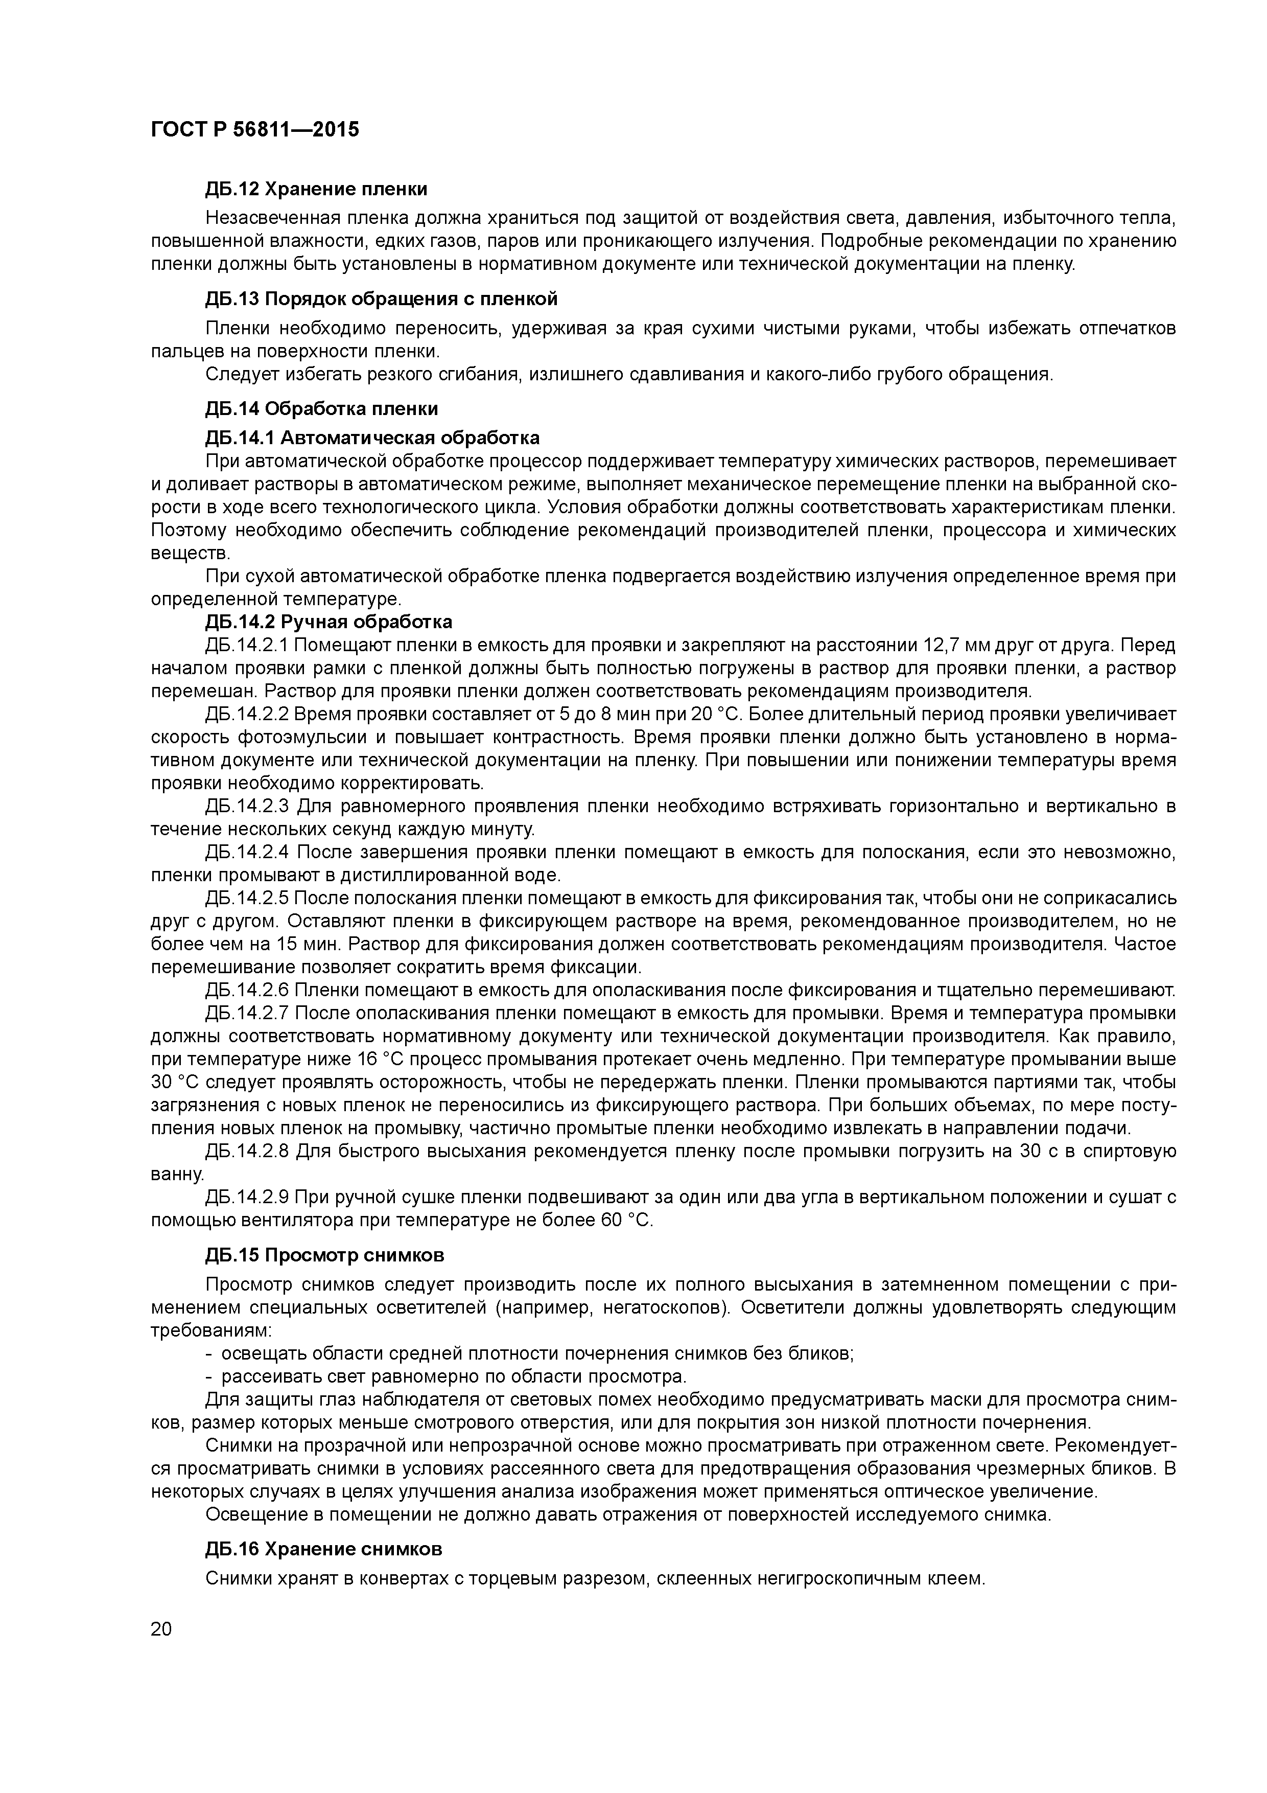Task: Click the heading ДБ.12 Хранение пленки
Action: pyautogui.click(x=316, y=190)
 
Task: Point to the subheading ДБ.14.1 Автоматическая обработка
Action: pyautogui.click(x=372, y=438)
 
